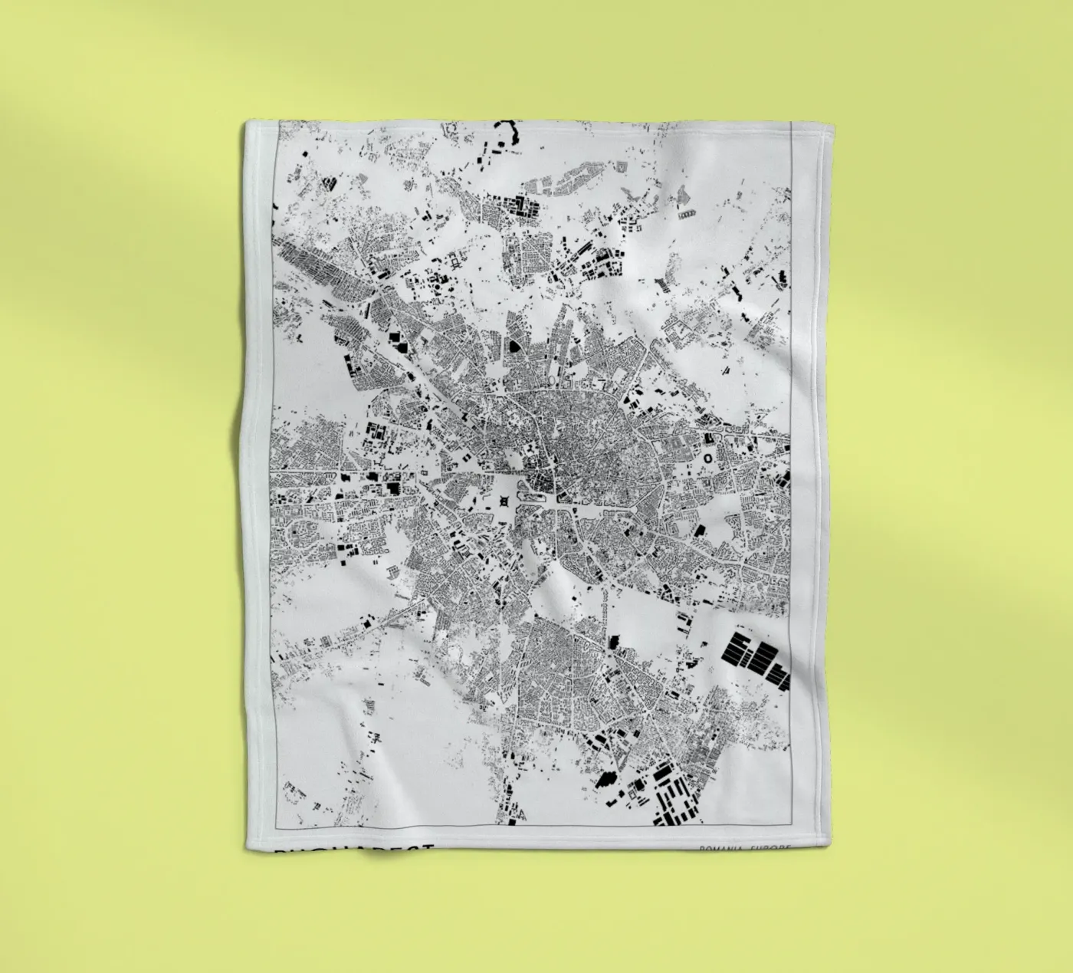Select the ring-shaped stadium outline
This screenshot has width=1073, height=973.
[707, 457]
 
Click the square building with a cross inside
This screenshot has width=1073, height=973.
[504, 501]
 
